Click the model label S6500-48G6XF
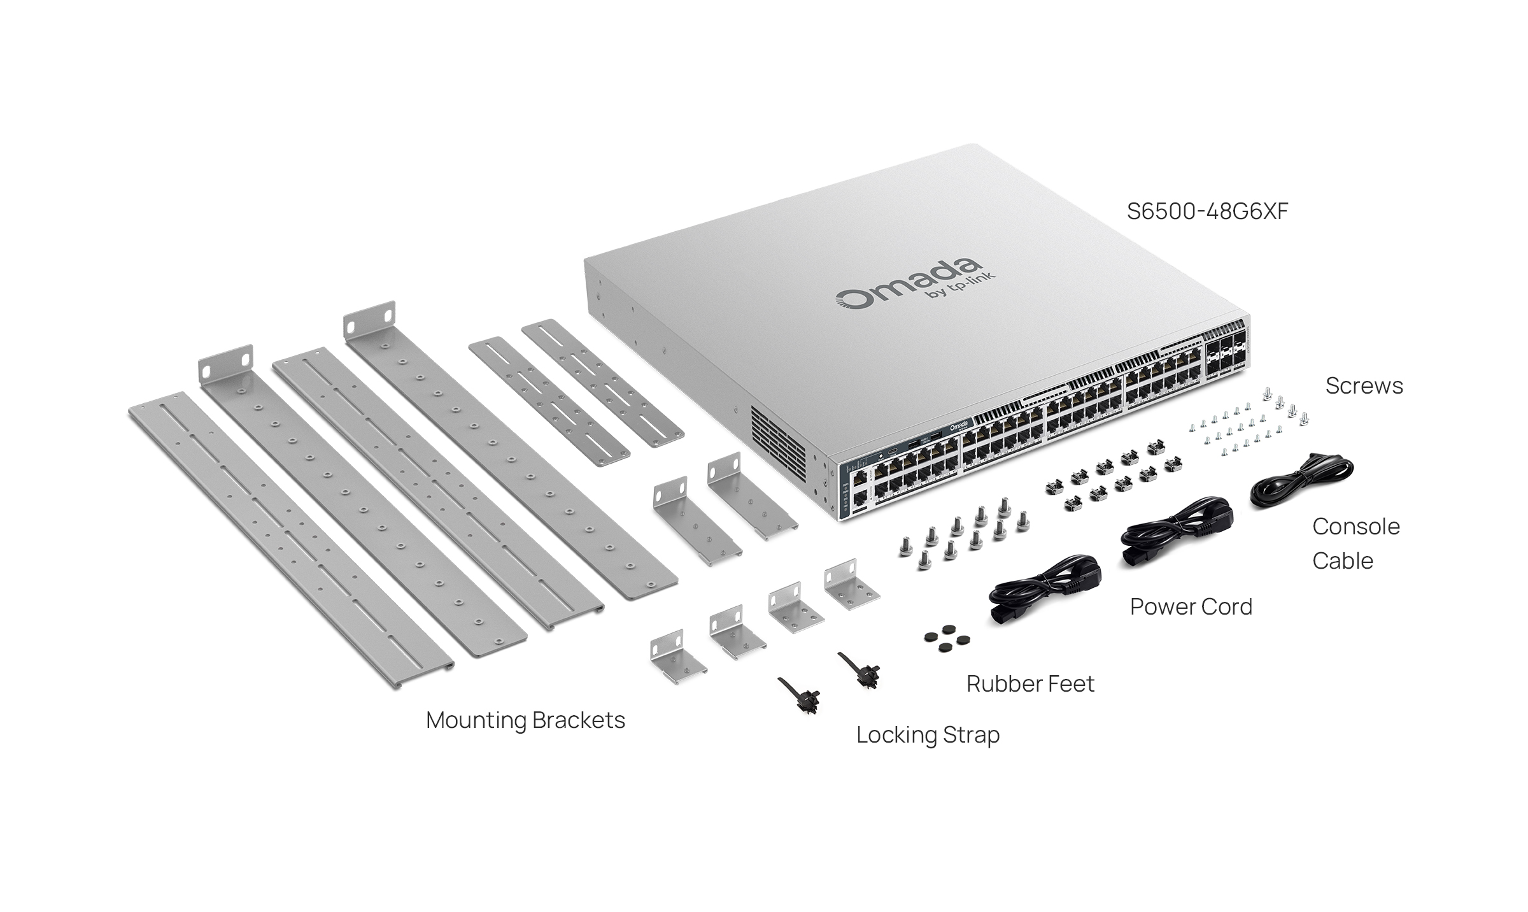point(1207,211)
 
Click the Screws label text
point(1364,386)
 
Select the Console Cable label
point(1355,543)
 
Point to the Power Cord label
point(1191,607)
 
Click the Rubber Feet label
point(1030,684)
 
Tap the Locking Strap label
point(928,735)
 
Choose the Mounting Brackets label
point(525,720)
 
